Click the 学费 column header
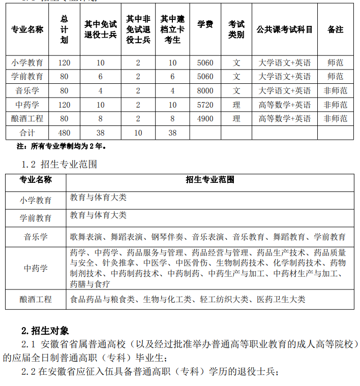click(205, 24)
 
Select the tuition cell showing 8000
click(205, 91)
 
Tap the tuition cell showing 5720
click(205, 105)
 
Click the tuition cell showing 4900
click(205, 118)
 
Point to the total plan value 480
click(64, 133)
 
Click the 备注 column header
click(335, 29)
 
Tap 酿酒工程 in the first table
click(27, 118)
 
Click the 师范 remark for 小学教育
click(335, 63)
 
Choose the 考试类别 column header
click(236, 29)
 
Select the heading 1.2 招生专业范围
click(59, 164)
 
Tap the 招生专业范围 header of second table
click(210, 180)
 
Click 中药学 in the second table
click(36, 268)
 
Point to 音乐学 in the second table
click(36, 237)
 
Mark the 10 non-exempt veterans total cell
click(138, 133)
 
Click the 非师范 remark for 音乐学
click(335, 91)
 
